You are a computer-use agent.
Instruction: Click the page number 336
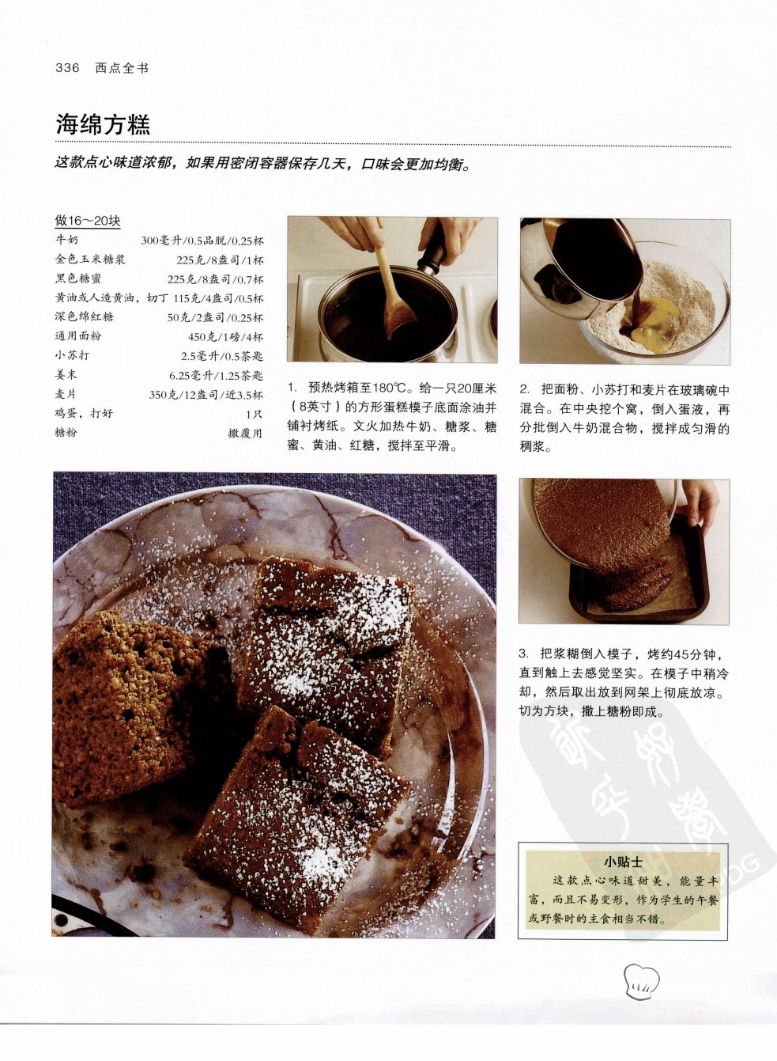(x=67, y=68)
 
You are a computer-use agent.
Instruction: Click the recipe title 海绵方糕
(x=104, y=124)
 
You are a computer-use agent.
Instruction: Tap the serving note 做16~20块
(x=88, y=221)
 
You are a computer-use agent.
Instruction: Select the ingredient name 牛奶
(x=66, y=241)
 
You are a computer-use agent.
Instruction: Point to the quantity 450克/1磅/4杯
(x=225, y=337)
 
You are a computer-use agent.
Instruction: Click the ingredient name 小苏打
(x=72, y=355)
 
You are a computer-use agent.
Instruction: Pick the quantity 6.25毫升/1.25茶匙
(x=216, y=376)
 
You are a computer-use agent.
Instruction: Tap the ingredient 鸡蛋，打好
(x=84, y=413)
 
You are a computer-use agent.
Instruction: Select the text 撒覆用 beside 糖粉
(x=245, y=433)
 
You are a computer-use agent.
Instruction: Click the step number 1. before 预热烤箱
(x=292, y=388)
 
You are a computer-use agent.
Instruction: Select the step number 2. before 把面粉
(x=524, y=390)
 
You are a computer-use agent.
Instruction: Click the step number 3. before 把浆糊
(x=523, y=654)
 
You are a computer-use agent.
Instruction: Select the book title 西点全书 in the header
(x=122, y=68)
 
